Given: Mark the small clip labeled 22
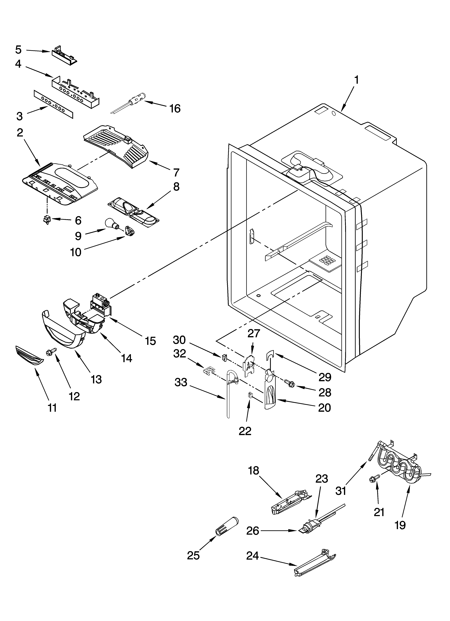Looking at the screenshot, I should (250, 395).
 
